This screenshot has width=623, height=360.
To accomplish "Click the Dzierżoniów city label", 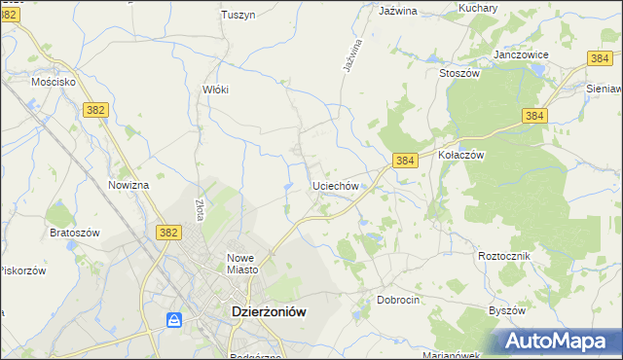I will click(268, 311).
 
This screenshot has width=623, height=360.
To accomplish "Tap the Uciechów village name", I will click(337, 185).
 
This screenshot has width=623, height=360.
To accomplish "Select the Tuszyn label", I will click(238, 15).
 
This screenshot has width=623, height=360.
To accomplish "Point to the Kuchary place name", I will click(477, 8).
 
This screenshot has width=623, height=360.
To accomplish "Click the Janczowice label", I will click(522, 54).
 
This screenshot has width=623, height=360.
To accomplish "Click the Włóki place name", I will click(214, 89).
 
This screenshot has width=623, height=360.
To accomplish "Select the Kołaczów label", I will click(460, 154).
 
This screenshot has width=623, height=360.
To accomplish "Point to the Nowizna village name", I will click(128, 185).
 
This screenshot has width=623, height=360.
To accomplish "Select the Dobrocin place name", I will click(398, 300).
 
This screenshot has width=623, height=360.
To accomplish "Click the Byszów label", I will click(506, 310).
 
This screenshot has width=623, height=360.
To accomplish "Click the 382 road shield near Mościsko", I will click(94, 112).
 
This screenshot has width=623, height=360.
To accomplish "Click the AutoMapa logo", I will click(558, 341).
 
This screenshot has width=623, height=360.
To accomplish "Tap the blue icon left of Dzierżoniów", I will click(174, 319).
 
